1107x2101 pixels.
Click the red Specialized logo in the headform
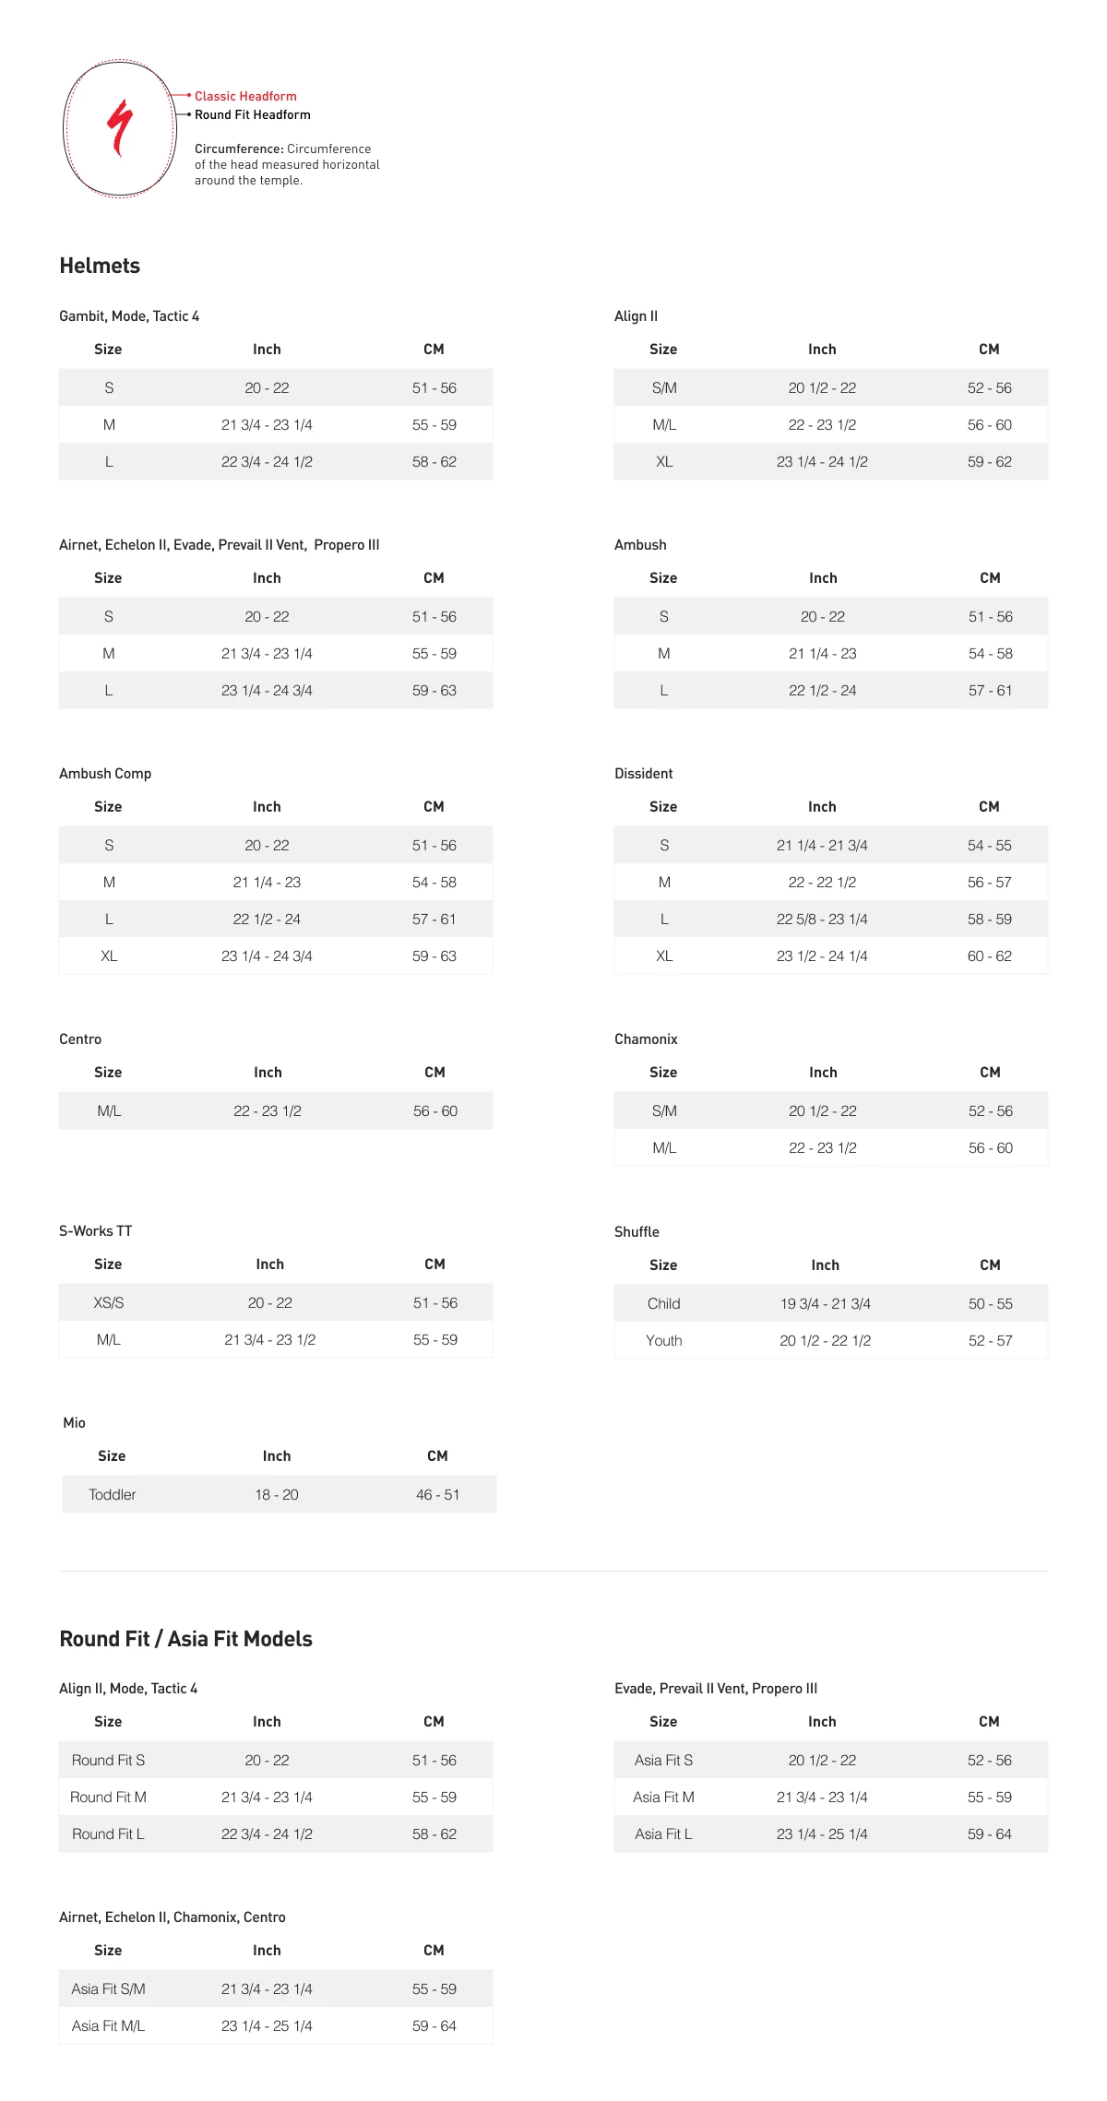coord(120,127)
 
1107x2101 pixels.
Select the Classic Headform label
coord(245,96)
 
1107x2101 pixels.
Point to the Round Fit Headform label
coord(252,114)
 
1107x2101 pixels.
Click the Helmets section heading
coord(100,266)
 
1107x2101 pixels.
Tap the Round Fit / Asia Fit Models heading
coord(185,1639)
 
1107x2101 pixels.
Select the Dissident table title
coord(644,774)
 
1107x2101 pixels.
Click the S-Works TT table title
coord(96,1231)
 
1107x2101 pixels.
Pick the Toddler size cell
coord(113,1494)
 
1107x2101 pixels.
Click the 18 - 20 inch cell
coord(277,1494)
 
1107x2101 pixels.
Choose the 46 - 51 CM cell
coord(437,1494)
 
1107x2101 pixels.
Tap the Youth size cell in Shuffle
coord(664,1340)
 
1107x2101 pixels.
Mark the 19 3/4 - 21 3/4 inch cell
coord(826,1303)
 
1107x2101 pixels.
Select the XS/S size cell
coord(109,1302)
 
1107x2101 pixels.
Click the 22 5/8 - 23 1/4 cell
coord(822,919)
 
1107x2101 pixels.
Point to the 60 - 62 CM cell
coord(990,956)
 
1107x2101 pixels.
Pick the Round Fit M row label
coord(109,1797)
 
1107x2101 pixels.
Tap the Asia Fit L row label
coord(663,1834)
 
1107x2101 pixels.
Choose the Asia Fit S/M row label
coord(109,1988)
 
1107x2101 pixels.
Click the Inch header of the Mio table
coord(277,1455)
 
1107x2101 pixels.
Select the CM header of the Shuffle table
coord(990,1264)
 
